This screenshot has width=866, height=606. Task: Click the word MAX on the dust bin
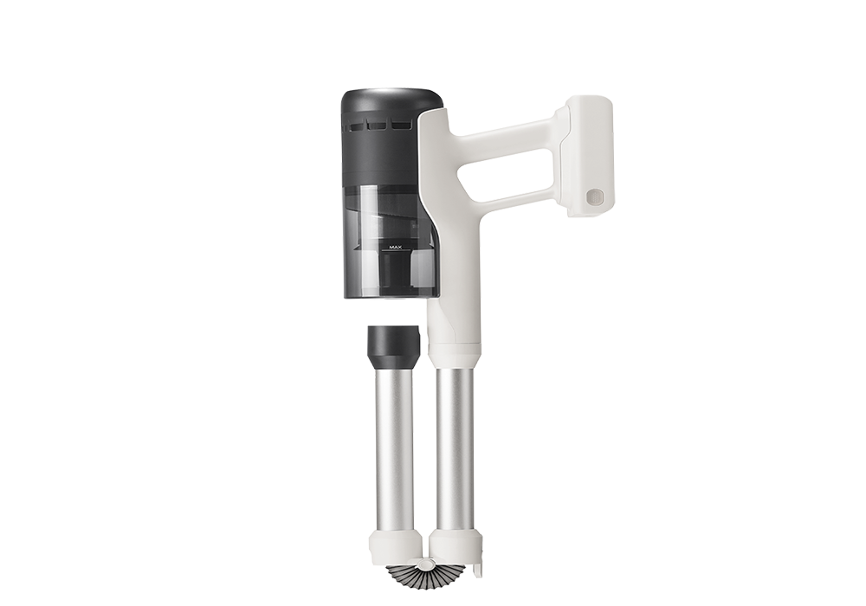pyautogui.click(x=395, y=248)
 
